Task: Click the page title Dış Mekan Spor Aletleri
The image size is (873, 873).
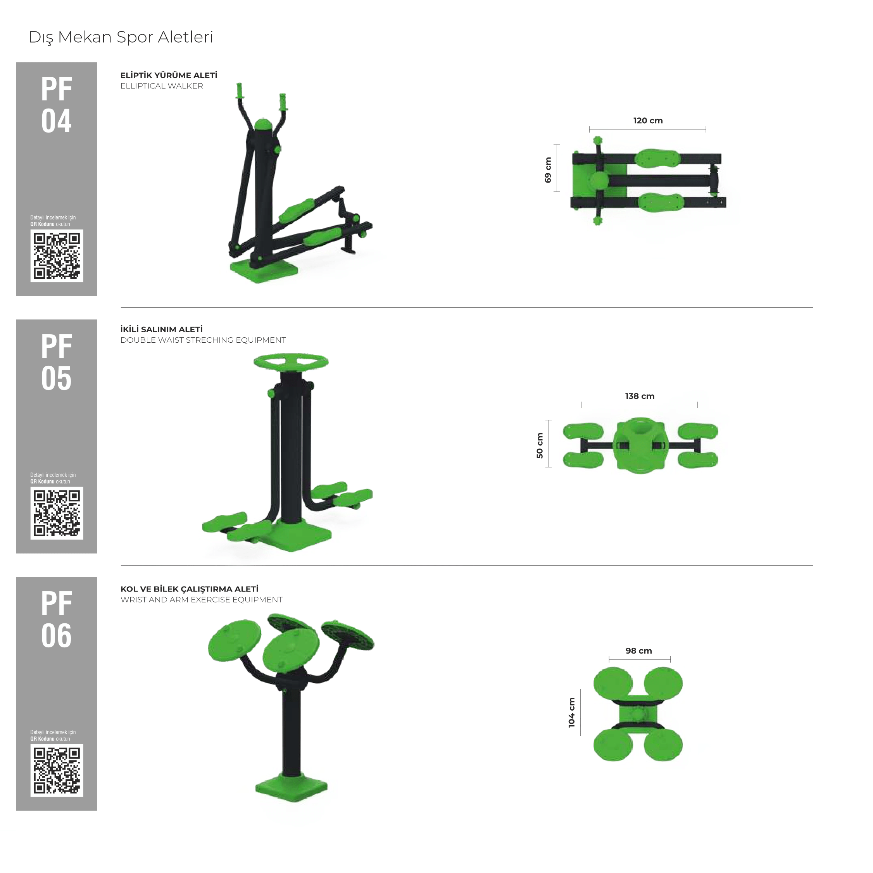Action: (x=121, y=38)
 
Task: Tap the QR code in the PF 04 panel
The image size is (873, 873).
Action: (x=57, y=256)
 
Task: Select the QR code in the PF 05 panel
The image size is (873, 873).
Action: (x=57, y=513)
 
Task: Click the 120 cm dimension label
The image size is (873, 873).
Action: (x=648, y=121)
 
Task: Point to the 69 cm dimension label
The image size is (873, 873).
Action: (x=548, y=170)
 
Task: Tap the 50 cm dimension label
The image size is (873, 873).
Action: (x=540, y=445)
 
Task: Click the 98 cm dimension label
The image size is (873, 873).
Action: (x=639, y=651)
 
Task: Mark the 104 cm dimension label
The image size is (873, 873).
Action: (x=572, y=713)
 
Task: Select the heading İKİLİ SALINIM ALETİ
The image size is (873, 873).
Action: (x=161, y=330)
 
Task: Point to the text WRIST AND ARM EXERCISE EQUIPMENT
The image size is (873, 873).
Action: (x=202, y=600)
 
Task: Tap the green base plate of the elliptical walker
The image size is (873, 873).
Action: (x=264, y=271)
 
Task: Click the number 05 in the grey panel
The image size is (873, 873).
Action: (x=57, y=378)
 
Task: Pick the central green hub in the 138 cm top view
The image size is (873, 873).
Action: (x=640, y=445)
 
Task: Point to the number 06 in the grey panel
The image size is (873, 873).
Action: (x=57, y=636)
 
